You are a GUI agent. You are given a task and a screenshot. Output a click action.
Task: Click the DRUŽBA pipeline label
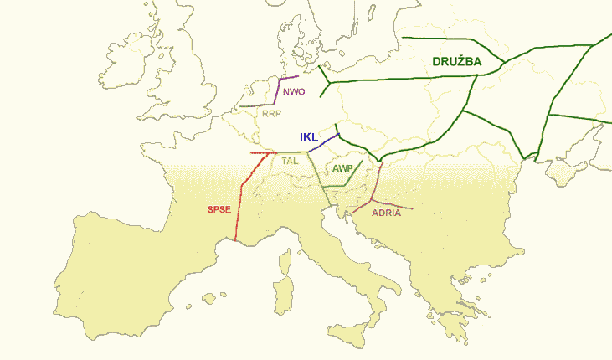tap(457, 63)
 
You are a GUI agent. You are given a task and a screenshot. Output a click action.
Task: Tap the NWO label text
tap(294, 92)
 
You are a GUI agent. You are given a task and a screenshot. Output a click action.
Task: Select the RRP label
tap(271, 113)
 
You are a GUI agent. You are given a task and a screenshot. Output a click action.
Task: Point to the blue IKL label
tap(310, 137)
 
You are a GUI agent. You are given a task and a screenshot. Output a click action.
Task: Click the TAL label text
tap(291, 160)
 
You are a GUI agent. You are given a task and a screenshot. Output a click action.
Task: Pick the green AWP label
tap(342, 168)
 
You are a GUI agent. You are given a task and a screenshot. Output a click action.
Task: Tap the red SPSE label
tap(219, 209)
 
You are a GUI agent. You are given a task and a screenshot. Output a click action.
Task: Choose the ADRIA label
tap(386, 213)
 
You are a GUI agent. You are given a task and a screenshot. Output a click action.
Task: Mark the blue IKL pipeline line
tap(322, 143)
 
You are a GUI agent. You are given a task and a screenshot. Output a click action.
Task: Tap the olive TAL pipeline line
tap(316, 176)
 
